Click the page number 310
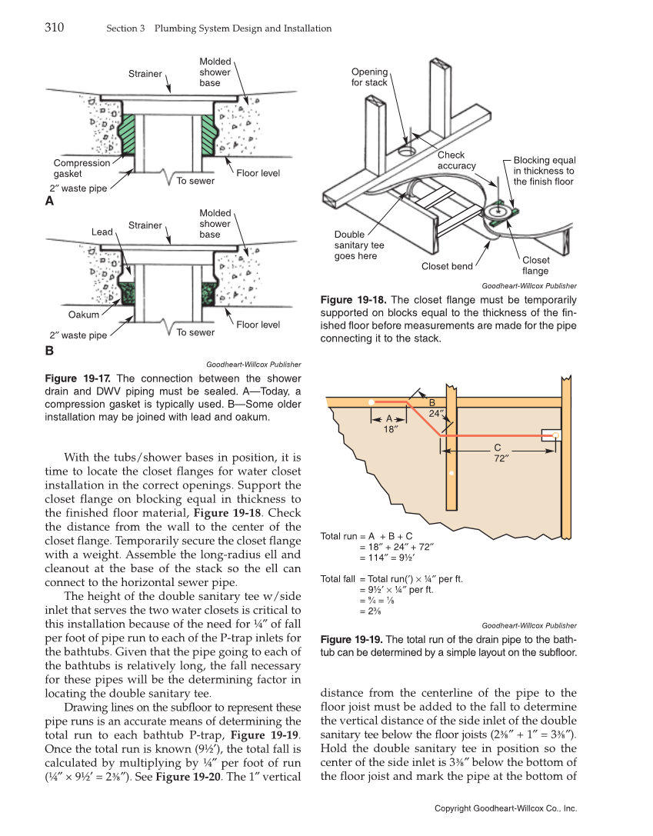pyautogui.click(x=54, y=28)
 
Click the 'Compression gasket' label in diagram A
pyautogui.click(x=82, y=168)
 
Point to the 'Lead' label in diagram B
pyautogui.click(x=102, y=231)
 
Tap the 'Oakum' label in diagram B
pyautogui.click(x=83, y=315)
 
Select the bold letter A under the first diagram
pyautogui.click(x=50, y=201)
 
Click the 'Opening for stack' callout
pyautogui.click(x=369, y=77)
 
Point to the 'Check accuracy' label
pyautogui.click(x=457, y=161)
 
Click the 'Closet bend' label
pyautogui.click(x=447, y=267)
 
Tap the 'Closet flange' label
pyautogui.click(x=535, y=265)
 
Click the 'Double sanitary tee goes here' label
pyautogui.click(x=359, y=245)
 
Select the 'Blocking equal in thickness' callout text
pyautogui.click(x=544, y=171)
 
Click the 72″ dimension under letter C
pyautogui.click(x=497, y=458)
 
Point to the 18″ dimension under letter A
pyautogui.click(x=390, y=430)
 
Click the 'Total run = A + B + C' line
pyautogui.click(x=366, y=536)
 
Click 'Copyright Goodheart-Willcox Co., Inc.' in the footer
pyautogui.click(x=505, y=808)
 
